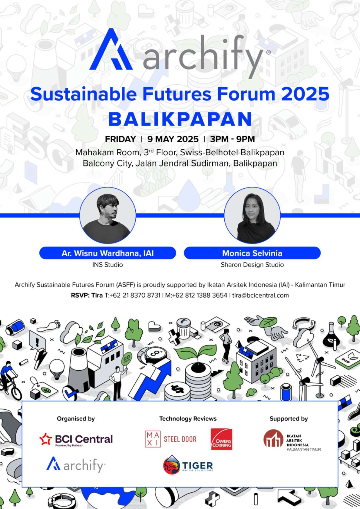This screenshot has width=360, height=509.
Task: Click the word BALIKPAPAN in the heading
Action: pos(180,120)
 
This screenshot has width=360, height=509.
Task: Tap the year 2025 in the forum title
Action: pos(305,94)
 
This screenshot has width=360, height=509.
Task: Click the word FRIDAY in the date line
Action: pos(120,139)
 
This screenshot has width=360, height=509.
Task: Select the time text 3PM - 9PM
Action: pos(232,139)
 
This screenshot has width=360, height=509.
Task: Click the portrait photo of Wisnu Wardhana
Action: pos(108,215)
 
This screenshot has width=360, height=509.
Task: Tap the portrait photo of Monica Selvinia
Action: pos(252,215)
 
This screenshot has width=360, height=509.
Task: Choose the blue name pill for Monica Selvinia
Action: pos(252,253)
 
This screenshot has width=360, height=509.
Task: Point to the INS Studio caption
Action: pos(108,265)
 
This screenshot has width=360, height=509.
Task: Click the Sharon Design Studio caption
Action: pos(252,265)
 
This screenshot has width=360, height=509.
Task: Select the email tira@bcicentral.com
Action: pos(260,295)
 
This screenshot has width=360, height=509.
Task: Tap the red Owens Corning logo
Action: pos(221,439)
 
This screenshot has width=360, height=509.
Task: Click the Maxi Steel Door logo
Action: pos(171,439)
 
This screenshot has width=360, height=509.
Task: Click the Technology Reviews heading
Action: pos(188,419)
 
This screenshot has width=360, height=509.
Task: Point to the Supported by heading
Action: pos(289,419)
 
